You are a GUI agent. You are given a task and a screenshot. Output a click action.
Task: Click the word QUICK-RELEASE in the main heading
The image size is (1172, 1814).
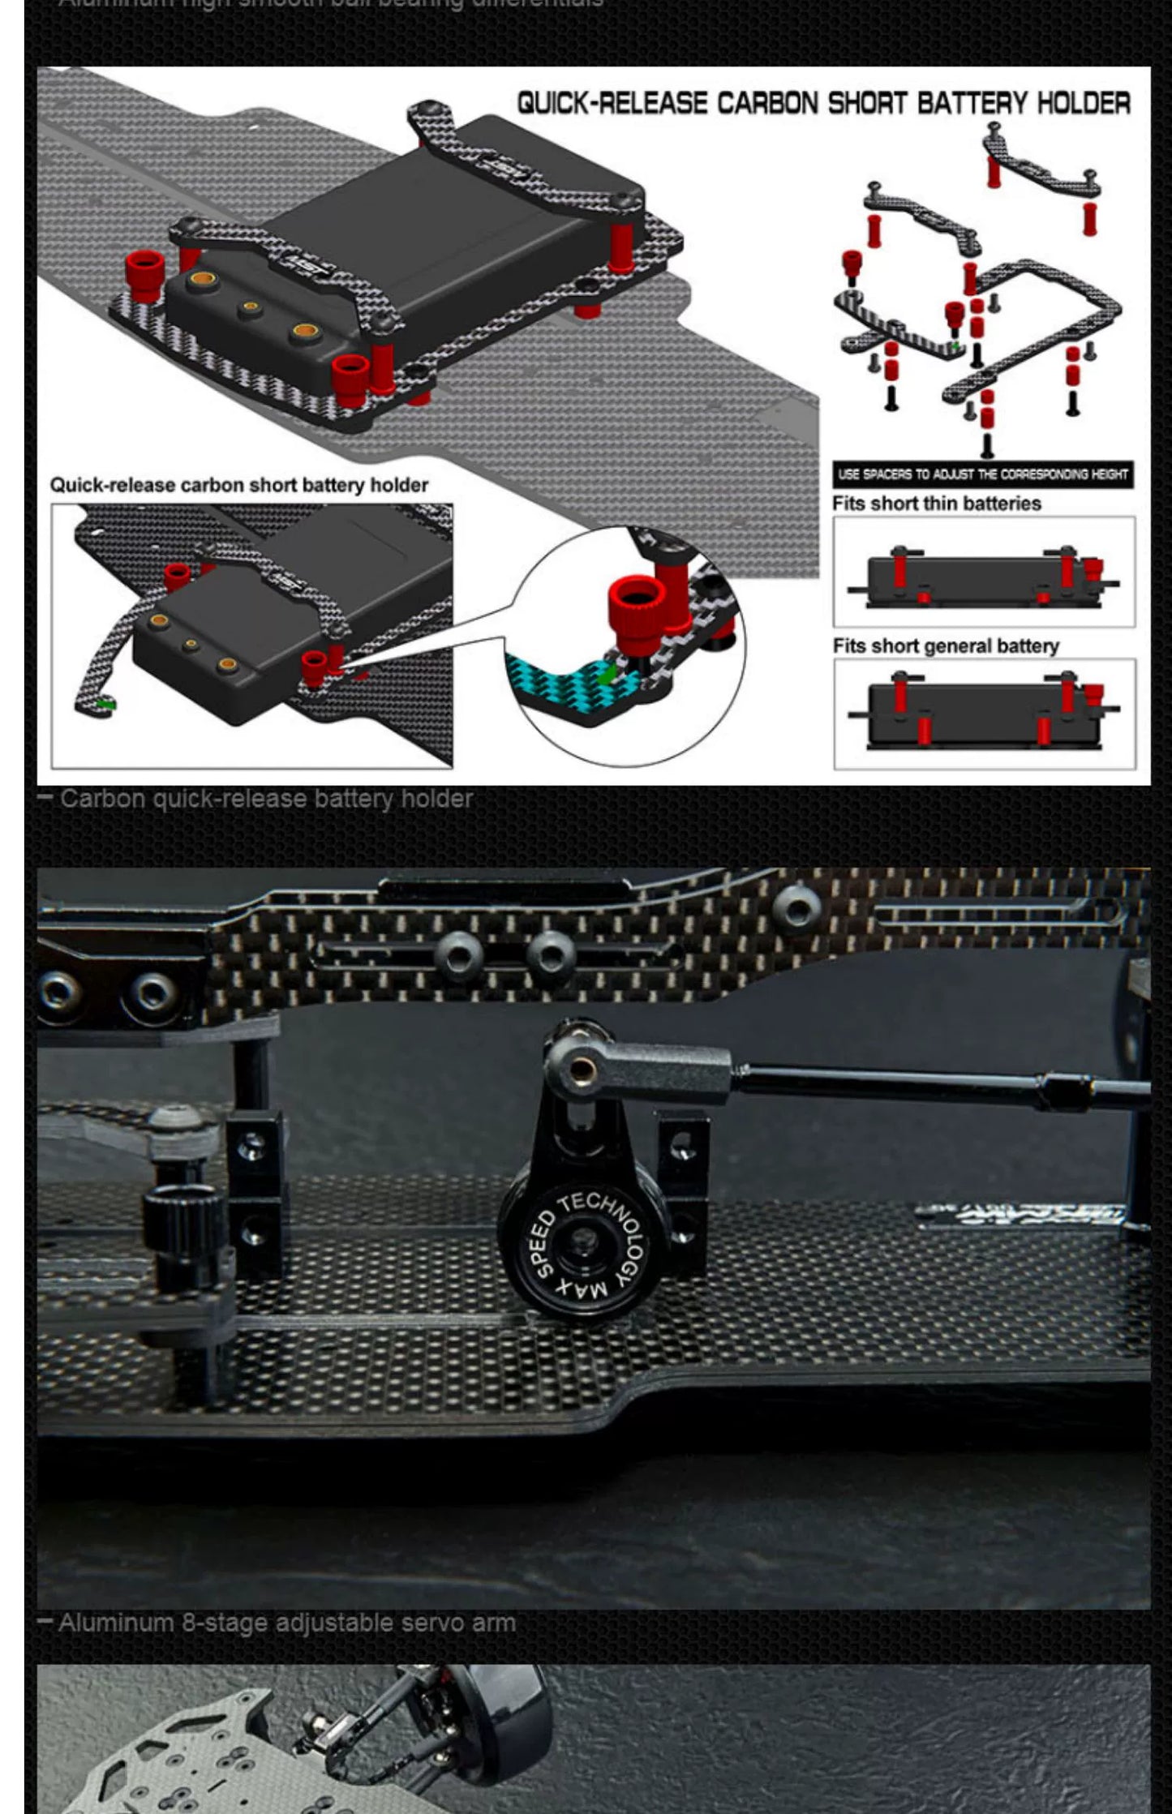[x=612, y=104]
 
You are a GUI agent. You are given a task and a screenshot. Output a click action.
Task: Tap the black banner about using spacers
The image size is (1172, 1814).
[x=982, y=474]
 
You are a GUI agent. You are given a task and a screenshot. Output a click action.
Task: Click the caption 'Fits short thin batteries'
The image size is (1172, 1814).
[x=936, y=504]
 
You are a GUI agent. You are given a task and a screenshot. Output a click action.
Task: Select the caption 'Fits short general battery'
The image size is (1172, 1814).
[x=946, y=646]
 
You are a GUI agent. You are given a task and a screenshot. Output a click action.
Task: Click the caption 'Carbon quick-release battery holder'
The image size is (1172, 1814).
[x=266, y=799]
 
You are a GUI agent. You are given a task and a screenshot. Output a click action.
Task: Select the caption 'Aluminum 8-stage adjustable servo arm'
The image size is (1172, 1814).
[x=286, y=1623]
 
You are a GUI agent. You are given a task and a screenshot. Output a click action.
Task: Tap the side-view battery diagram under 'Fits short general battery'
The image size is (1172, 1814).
[x=984, y=714]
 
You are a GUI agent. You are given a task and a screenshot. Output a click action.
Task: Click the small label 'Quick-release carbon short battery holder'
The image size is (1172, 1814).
[x=239, y=486]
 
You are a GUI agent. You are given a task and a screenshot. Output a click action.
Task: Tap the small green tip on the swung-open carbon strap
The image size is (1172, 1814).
[x=104, y=704]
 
